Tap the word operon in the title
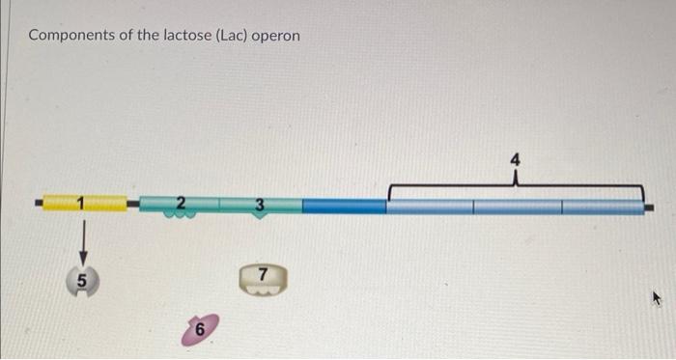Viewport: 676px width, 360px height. tap(275, 36)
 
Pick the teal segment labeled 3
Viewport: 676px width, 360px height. tap(260, 204)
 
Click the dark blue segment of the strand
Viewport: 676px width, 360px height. tap(344, 206)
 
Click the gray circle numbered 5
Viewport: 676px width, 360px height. tap(85, 282)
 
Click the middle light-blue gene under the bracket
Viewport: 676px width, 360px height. tap(517, 207)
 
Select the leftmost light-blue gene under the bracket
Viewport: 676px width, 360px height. tap(430, 207)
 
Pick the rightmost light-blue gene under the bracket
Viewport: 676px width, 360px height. tap(602, 207)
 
